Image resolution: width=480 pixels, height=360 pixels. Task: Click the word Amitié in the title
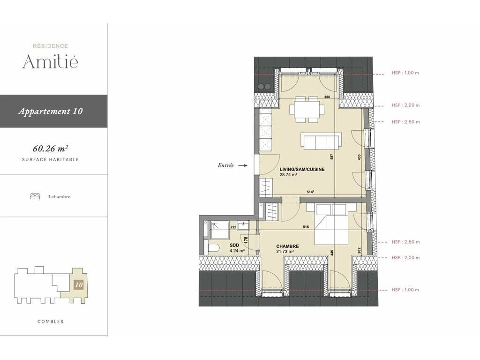(x=50, y=61)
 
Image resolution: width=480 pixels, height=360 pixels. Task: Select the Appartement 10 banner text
(x=51, y=111)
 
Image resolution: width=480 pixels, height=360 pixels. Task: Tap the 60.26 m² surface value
(x=50, y=149)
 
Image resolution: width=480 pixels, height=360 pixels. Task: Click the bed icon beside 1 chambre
(x=35, y=196)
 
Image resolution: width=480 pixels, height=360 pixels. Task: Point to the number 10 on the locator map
(x=79, y=285)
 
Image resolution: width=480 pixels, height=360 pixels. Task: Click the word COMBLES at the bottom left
(x=51, y=322)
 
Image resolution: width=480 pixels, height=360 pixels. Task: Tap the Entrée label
(x=225, y=165)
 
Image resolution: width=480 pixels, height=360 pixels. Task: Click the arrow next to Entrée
(x=243, y=165)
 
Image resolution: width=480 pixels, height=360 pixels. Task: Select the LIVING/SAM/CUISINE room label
(x=302, y=169)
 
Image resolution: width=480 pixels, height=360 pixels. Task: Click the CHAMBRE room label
(x=287, y=246)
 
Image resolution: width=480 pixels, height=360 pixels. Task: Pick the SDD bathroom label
(x=234, y=245)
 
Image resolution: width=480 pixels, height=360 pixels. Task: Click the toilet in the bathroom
(x=213, y=247)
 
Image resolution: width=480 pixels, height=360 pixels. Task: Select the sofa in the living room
(x=322, y=141)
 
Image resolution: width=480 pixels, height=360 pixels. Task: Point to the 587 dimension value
(x=331, y=157)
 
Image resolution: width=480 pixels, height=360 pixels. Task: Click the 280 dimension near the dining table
(x=327, y=97)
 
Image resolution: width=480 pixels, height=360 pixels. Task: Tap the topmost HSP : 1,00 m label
(x=405, y=73)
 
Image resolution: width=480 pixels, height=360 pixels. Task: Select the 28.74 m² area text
(x=289, y=175)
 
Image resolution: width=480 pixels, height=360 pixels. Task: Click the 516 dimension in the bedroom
(x=306, y=227)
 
